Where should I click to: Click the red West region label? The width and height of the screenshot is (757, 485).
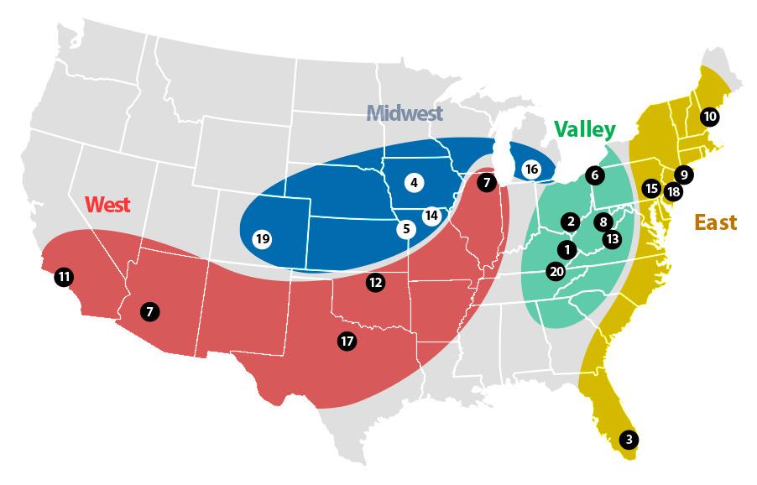pos(108,204)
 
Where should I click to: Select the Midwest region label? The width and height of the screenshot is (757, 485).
pos(405,113)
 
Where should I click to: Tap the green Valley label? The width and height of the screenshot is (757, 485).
pos(584,130)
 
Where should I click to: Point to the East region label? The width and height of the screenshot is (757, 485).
pos(715,222)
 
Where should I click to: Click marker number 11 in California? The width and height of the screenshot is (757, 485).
pos(65,276)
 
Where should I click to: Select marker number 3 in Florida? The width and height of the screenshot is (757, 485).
pos(629,439)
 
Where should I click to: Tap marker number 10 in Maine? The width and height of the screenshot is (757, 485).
pos(710,117)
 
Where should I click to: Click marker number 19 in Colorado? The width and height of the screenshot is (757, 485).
pos(263,239)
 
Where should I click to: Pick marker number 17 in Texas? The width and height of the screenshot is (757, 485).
pos(347,341)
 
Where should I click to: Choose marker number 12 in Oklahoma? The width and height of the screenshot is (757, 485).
pos(375,283)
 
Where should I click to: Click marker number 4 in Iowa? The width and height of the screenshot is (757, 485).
pos(414,181)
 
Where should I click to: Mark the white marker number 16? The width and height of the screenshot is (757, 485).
pos(531,169)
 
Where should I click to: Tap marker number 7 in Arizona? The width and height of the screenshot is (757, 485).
pos(149,311)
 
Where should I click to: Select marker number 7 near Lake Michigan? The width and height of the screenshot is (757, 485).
pos(486,182)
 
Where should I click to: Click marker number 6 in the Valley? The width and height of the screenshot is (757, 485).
pos(594,175)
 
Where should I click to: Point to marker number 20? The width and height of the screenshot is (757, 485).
pos(556,271)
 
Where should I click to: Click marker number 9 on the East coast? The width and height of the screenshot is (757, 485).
pos(684,175)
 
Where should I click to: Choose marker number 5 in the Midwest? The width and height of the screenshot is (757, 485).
pos(405,228)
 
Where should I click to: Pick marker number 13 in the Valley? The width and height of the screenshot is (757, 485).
pos(612,238)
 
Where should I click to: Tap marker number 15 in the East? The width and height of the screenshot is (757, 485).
pos(651,188)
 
